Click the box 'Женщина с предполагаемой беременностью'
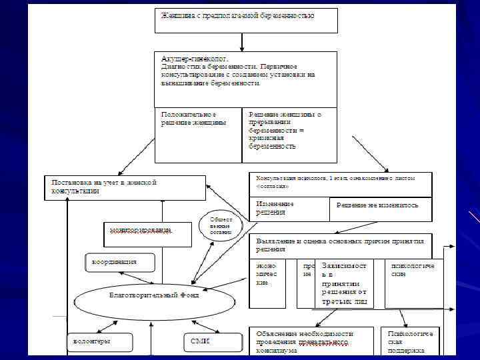pyautogui.click(x=246, y=20)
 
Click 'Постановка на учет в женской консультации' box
pyautogui.click(x=125, y=187)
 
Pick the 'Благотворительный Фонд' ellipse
pyautogui.click(x=155, y=295)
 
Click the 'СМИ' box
pyautogui.click(x=201, y=342)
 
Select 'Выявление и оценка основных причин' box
pyautogui.click(x=341, y=245)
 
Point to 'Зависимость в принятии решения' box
pyautogui.click(x=345, y=283)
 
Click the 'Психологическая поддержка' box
pyautogui.click(x=411, y=341)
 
